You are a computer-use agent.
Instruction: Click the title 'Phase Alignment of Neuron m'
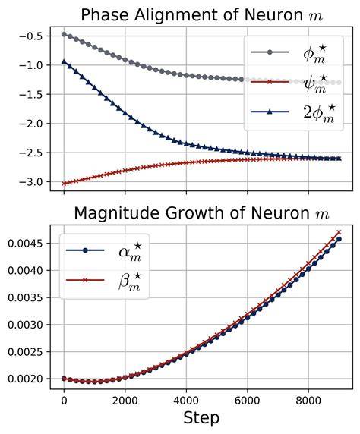coord(202,15)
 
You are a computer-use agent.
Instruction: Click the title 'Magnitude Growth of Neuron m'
coord(201,213)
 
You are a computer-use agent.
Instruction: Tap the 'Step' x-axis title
coord(201,418)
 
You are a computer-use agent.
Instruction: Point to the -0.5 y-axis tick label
coord(30,36)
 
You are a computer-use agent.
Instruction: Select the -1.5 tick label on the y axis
coord(30,95)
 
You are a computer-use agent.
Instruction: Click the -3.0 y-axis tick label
coord(30,182)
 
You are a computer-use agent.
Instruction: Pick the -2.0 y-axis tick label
coord(30,124)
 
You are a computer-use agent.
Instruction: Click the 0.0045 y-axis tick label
coord(25,244)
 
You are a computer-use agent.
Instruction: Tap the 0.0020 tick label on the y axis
coord(25,379)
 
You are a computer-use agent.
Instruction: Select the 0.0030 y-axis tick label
coord(25,325)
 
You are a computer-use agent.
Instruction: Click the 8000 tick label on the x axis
coord(308,401)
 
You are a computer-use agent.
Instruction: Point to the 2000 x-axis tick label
coord(125,401)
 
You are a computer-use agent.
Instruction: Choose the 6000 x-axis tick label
coord(247,401)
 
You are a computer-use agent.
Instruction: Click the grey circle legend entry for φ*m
coord(288,52)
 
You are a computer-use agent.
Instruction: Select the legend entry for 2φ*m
coord(292,112)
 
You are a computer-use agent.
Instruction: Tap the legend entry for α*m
coord(103,250)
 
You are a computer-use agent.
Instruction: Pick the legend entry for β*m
coord(103,281)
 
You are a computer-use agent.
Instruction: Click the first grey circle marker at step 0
coord(64,34)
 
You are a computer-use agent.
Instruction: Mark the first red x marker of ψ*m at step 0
coord(64,183)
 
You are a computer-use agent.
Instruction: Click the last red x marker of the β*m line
coord(339,232)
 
